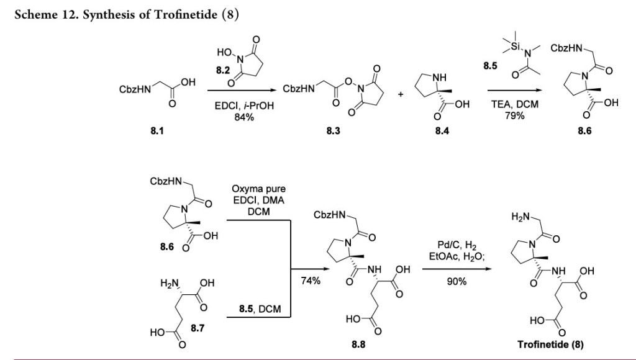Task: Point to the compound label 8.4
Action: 442,131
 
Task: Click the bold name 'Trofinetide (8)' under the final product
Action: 551,345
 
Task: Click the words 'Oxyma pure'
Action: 259,189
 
